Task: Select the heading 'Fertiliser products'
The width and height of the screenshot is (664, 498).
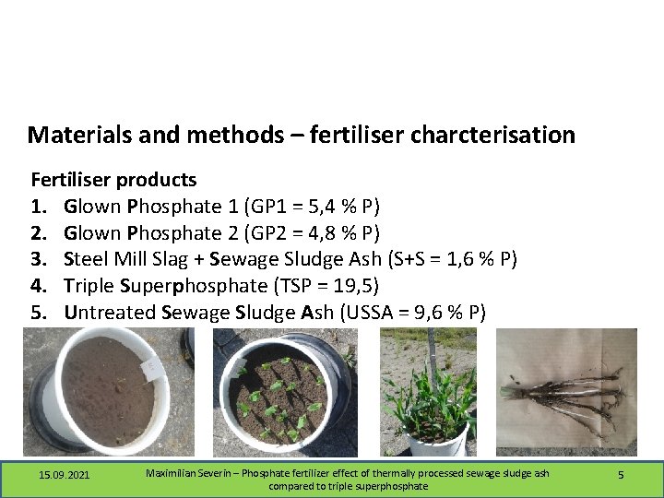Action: coord(113,179)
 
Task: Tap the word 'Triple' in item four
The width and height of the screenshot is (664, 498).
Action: coord(90,286)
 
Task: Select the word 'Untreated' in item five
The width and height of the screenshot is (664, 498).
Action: coord(110,313)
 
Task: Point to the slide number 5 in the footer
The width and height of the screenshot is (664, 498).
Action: coord(621,474)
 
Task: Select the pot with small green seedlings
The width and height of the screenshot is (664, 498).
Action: coord(281,392)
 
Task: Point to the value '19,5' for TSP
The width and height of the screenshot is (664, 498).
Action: coord(351,286)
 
